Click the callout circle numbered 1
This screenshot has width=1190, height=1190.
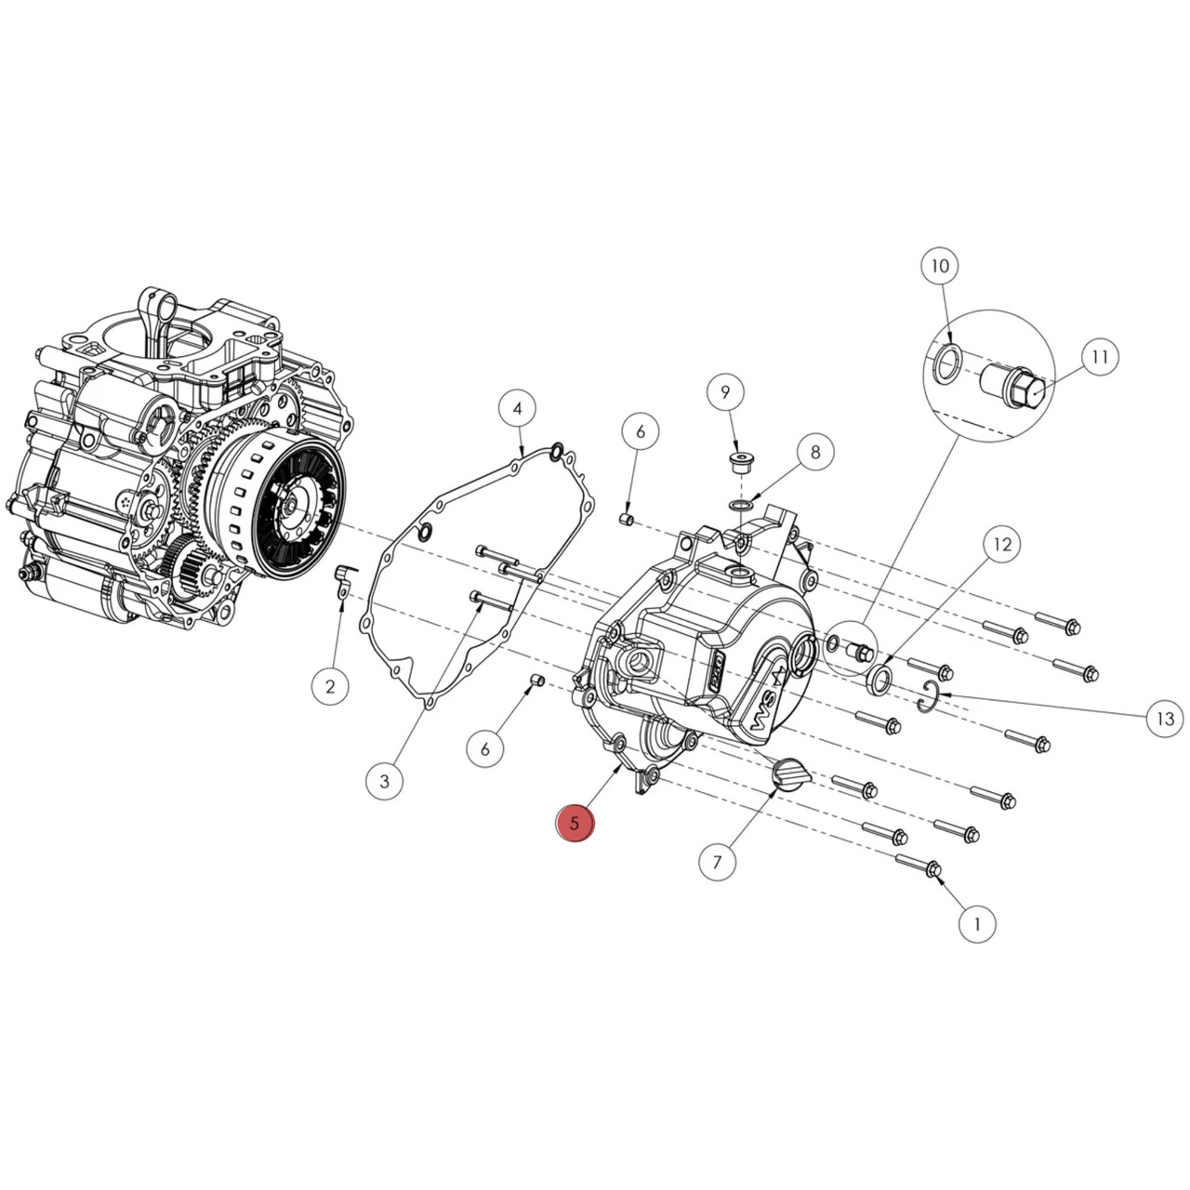(x=976, y=924)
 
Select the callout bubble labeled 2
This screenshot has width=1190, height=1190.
(x=330, y=687)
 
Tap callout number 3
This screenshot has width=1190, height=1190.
(x=385, y=781)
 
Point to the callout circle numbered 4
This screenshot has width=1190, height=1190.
(x=518, y=408)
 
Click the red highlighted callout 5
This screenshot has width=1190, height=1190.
(x=575, y=823)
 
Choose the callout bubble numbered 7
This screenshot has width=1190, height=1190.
(x=717, y=862)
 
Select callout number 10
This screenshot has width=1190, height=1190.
(x=940, y=266)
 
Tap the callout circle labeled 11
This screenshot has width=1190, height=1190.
(x=1100, y=357)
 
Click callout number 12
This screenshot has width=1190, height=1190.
(x=1002, y=544)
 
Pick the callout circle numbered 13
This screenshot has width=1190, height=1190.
(x=1165, y=718)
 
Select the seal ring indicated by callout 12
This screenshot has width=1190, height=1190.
(x=879, y=679)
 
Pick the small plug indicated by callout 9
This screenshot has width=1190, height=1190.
(x=738, y=462)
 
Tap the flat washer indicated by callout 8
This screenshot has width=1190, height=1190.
(x=742, y=505)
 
